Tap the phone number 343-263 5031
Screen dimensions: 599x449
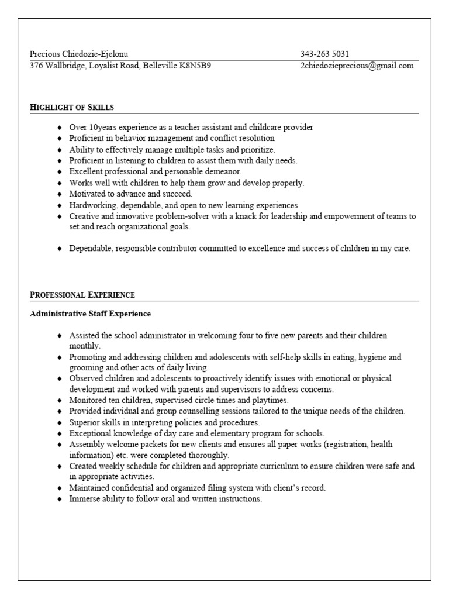[324, 54]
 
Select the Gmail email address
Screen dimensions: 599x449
[357, 66]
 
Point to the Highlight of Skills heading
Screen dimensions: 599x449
[71, 108]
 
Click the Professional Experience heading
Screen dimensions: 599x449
[82, 295]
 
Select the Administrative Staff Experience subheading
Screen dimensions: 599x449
[90, 314]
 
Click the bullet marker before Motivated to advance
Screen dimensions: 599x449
[60, 194]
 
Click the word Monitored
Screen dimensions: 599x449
[88, 401]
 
